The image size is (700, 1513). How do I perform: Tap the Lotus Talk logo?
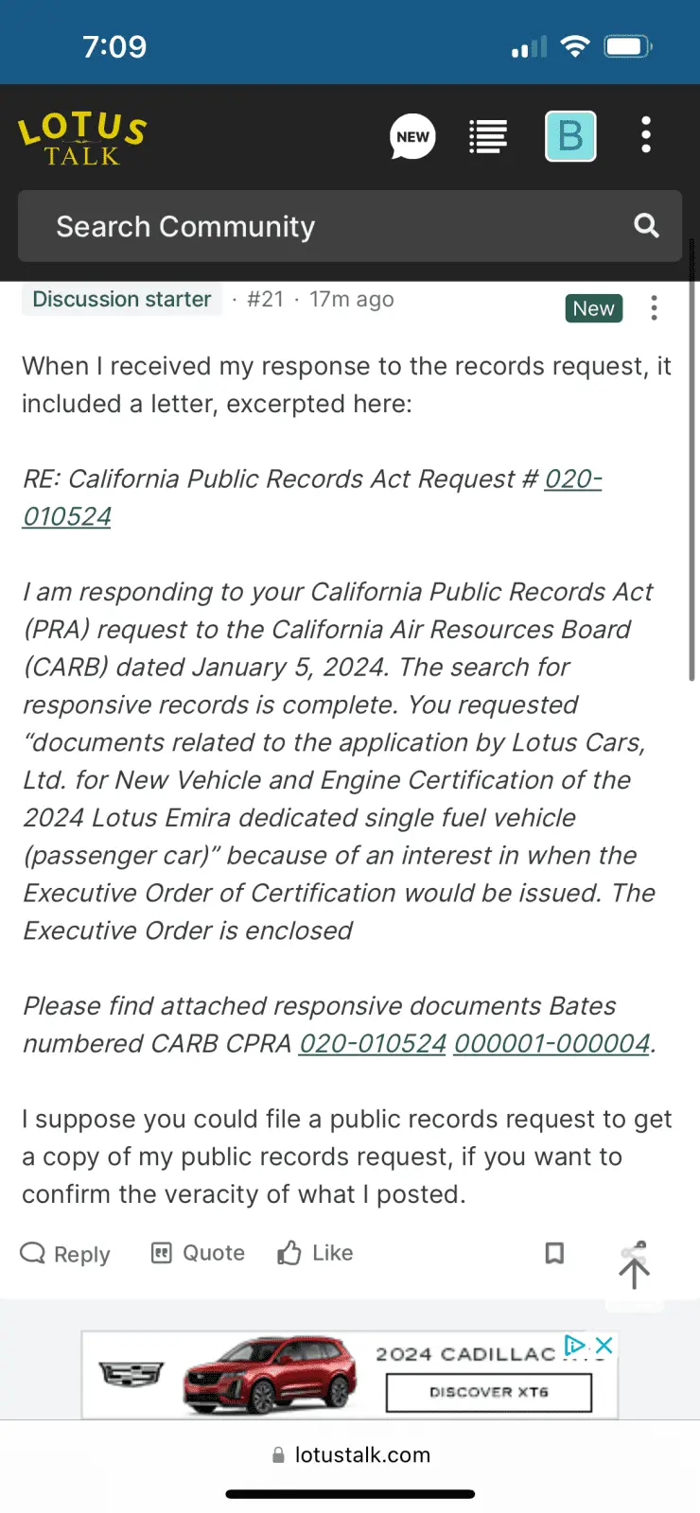coord(82,138)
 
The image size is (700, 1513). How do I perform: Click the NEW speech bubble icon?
coord(412,137)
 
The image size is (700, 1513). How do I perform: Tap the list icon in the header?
coord(488,137)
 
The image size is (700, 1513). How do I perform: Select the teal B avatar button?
coord(570,137)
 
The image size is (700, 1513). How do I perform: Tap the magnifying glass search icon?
coord(646,226)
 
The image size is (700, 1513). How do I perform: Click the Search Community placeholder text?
coord(185,227)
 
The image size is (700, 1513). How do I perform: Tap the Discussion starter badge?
coord(122,300)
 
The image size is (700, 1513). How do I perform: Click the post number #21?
coord(265,300)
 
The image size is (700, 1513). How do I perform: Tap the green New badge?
coord(593,308)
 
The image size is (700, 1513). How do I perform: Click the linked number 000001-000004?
coord(551,1044)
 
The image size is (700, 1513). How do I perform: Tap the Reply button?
coord(65,1254)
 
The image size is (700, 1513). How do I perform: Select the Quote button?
coord(198,1253)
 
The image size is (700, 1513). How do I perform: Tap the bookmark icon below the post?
coord(554,1253)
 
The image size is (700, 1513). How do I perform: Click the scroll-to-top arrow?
coord(634,1272)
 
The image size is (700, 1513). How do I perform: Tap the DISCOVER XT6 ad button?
coord(488,1392)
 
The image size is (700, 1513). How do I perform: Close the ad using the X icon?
coord(604,1345)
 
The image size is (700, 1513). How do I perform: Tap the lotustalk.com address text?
coord(362,1455)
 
